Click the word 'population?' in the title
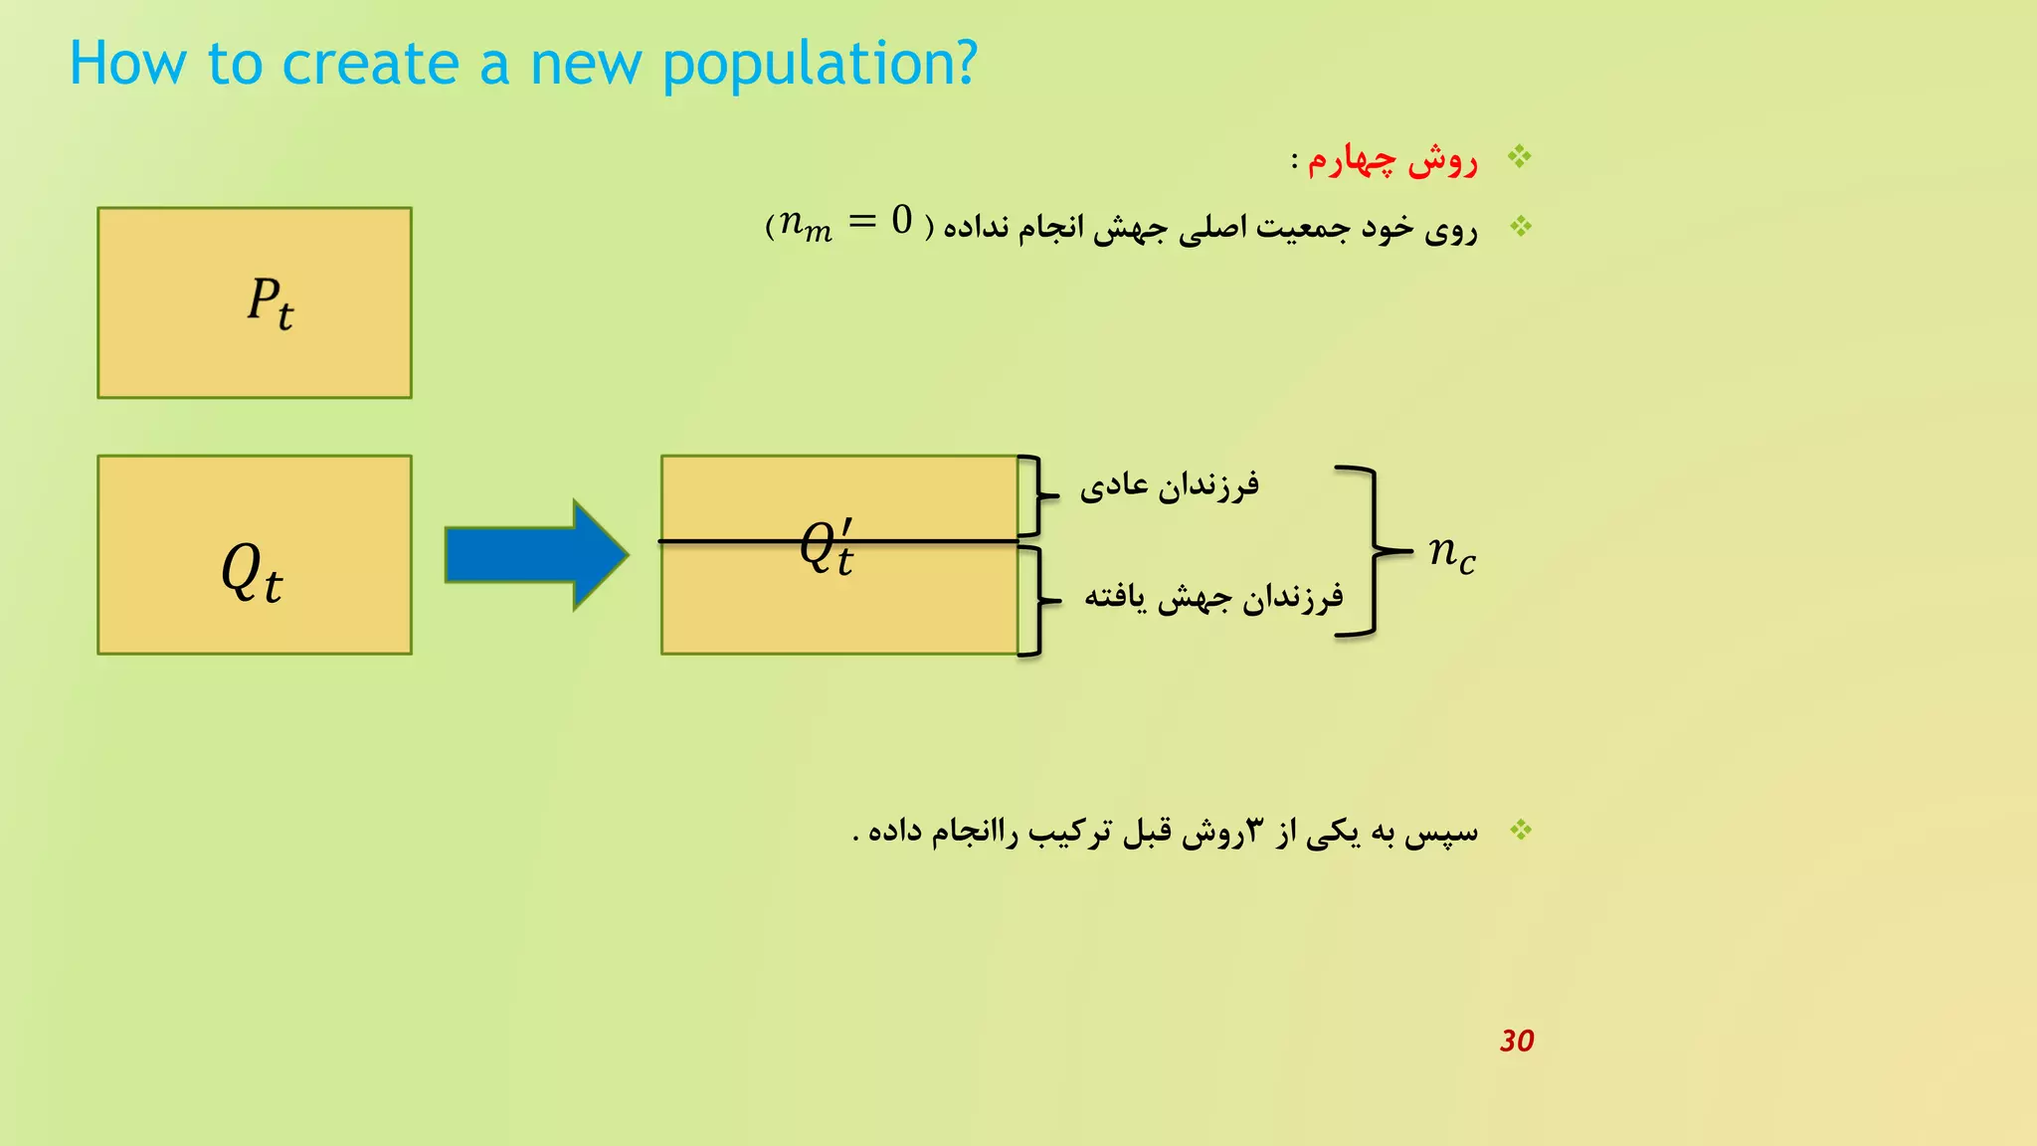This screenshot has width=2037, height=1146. [x=820, y=66]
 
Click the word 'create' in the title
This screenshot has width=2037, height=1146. [x=370, y=64]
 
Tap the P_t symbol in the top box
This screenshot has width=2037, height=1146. [x=270, y=302]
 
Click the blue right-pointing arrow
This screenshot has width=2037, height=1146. [x=536, y=554]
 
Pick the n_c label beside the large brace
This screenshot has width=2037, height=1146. [x=1451, y=552]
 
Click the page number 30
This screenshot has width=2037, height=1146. [x=1517, y=1041]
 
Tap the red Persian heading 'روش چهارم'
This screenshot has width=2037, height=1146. [x=1392, y=159]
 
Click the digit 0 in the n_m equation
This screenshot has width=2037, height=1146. [x=902, y=220]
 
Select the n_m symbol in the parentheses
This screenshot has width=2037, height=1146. [x=805, y=225]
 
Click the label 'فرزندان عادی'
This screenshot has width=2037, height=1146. [x=1170, y=485]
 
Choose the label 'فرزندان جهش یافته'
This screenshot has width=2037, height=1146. [x=1213, y=597]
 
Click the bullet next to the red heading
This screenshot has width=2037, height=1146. [x=1519, y=156]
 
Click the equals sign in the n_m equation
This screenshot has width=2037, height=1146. [x=861, y=221]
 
